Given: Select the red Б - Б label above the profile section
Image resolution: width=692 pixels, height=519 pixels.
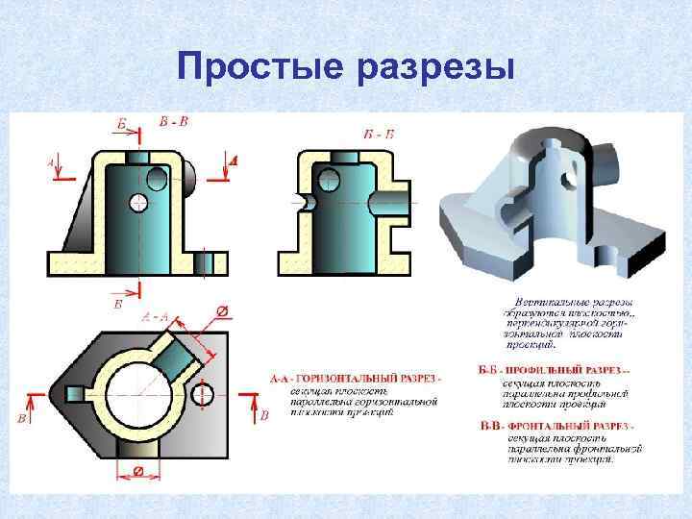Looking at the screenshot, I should pos(379,133).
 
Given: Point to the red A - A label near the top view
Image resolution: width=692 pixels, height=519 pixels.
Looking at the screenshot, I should pos(155,315).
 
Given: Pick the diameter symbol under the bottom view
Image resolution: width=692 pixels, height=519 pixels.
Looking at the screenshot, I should pos(139,471).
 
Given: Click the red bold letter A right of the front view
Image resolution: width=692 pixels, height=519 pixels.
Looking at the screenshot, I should pos(233,162).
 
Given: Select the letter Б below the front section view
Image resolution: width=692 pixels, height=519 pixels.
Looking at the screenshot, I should pos(118,304).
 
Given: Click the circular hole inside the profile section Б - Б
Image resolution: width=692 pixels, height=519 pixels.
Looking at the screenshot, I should pos(329,178).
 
